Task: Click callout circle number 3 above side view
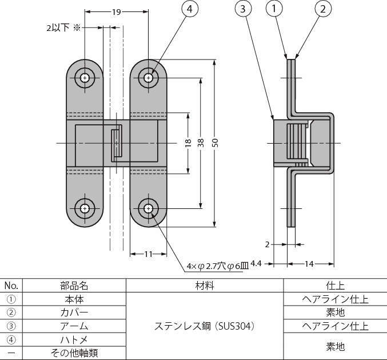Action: (x=244, y=10)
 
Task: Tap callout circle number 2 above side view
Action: (x=322, y=10)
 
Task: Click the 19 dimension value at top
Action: (x=116, y=11)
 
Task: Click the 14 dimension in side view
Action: (x=310, y=263)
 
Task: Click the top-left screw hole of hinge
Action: (x=85, y=77)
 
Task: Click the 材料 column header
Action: (x=204, y=285)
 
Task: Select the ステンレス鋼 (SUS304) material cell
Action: (x=204, y=326)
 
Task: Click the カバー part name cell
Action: (x=74, y=312)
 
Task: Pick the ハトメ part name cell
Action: (x=74, y=340)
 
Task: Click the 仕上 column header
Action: (x=335, y=285)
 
